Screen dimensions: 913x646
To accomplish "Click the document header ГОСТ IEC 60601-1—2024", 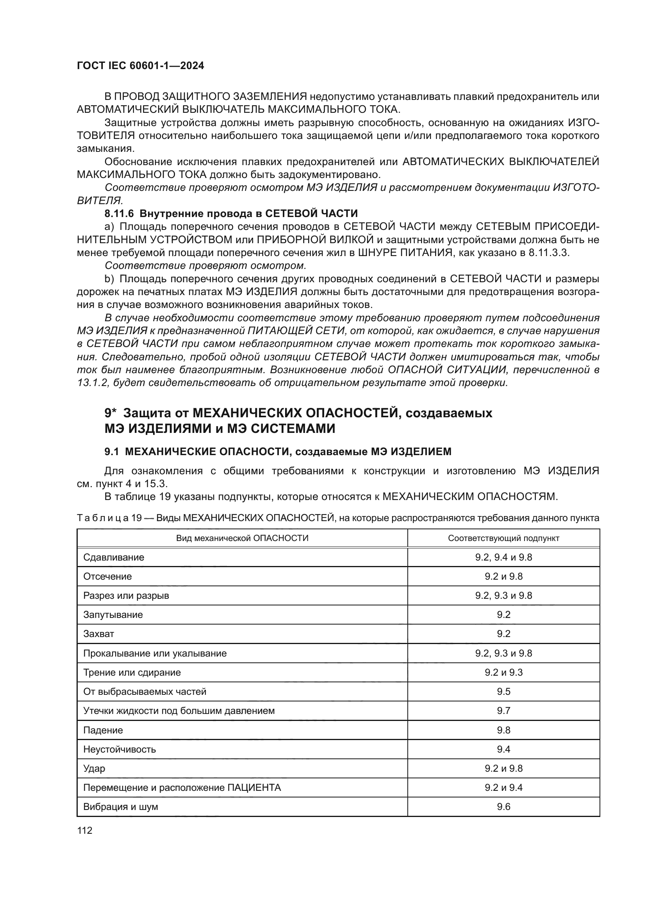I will click(141, 66).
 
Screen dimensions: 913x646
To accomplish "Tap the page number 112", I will click(85, 830).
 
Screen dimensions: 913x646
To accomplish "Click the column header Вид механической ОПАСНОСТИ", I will click(242, 538).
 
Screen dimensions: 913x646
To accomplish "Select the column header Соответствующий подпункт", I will click(503, 538).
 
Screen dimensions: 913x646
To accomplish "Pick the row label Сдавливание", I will click(114, 557).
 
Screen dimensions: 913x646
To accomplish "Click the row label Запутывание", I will click(113, 615).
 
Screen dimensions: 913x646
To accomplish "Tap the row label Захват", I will click(99, 634).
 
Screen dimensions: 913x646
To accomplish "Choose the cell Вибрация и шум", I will click(121, 807).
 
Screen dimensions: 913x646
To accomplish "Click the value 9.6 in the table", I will click(503, 807).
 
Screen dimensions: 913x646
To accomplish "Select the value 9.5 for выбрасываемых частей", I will click(503, 692).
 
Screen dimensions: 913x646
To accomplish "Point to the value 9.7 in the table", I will click(503, 710).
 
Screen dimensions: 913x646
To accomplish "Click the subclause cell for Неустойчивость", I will click(503, 749).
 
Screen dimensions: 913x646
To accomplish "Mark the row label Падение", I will click(103, 730).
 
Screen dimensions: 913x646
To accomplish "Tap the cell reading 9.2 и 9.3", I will click(503, 673).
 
